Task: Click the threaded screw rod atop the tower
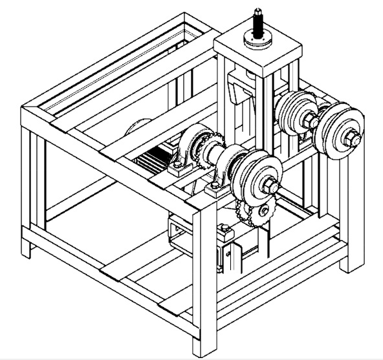(x=257, y=19)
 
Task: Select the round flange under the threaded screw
(x=257, y=38)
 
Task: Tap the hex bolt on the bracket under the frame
(x=223, y=229)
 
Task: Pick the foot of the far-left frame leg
(x=27, y=252)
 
